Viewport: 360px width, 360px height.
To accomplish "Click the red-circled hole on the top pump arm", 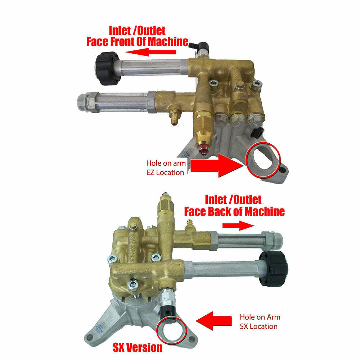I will [262, 158].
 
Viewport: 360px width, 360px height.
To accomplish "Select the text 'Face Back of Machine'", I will [234, 211].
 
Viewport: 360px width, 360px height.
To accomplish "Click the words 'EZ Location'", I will [166, 172].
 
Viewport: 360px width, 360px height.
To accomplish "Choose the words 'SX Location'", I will [259, 327].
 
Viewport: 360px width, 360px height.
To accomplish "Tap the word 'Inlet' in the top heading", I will [122, 30].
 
